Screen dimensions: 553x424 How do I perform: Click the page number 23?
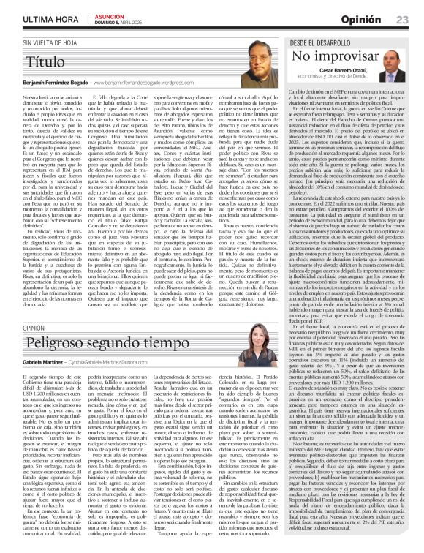402,19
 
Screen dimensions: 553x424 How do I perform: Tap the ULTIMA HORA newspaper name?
44,19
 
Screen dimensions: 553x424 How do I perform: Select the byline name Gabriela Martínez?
44,362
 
